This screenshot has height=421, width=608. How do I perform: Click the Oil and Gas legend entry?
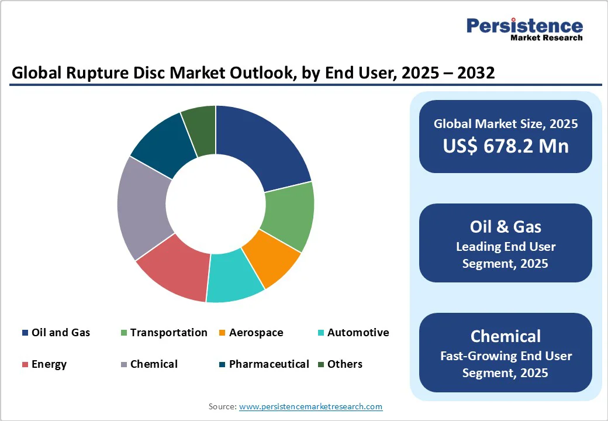[56, 333]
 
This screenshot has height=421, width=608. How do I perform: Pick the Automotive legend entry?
[353, 333]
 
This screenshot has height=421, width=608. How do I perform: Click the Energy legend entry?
[44, 364]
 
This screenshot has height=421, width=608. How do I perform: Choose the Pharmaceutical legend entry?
[264, 364]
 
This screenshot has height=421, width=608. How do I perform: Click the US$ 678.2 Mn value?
[505, 146]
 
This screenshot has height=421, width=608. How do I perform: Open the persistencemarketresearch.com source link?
[310, 406]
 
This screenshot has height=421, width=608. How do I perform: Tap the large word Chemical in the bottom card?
[505, 336]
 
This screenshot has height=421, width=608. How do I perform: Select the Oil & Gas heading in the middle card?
[505, 227]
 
